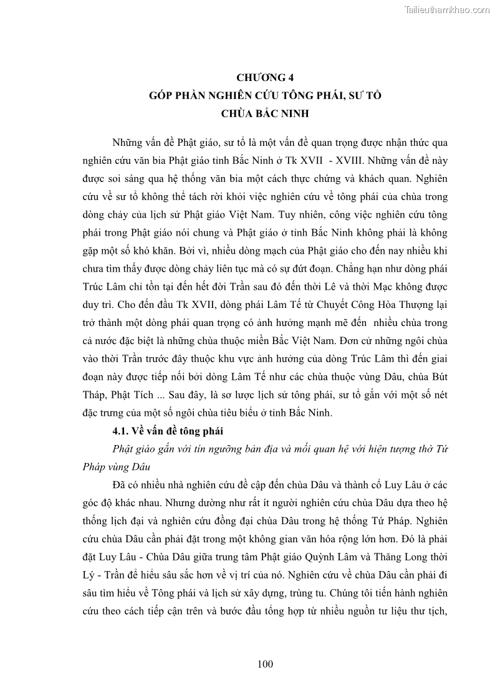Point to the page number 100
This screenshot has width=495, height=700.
tap(265, 664)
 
